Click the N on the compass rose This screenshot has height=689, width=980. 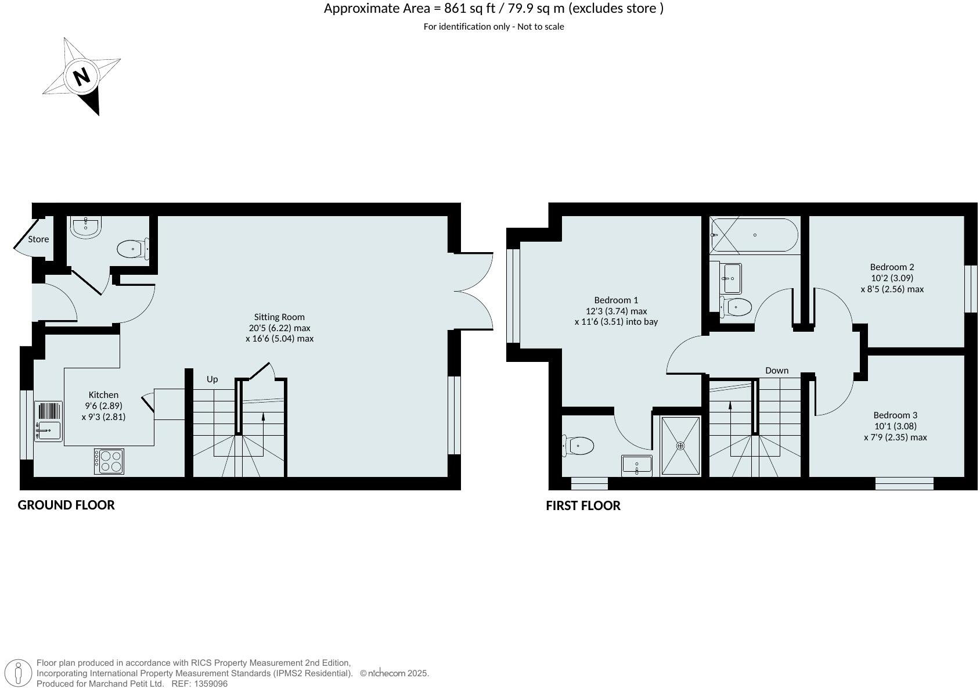pos(82,76)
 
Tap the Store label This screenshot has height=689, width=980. pos(38,239)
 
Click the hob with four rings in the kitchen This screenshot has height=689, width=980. pos(109,461)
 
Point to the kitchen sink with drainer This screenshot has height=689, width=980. pos(48,421)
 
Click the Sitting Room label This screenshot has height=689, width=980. pos(279,317)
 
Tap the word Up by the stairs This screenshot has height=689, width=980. pos(212,379)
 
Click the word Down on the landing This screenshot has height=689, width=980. pos(776,370)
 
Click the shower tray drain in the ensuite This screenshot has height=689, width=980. pos(680,446)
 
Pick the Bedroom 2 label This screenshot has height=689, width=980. pos(892,267)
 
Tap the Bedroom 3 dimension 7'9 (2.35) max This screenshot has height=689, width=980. pos(895,437)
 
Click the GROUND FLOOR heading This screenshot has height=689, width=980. pos(66,505)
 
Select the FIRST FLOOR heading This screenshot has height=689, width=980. pos(583,505)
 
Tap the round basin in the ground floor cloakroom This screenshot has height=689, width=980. pos(86,227)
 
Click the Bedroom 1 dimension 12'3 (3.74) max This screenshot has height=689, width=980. pos(616,311)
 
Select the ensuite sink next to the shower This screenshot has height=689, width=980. pos(637,465)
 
